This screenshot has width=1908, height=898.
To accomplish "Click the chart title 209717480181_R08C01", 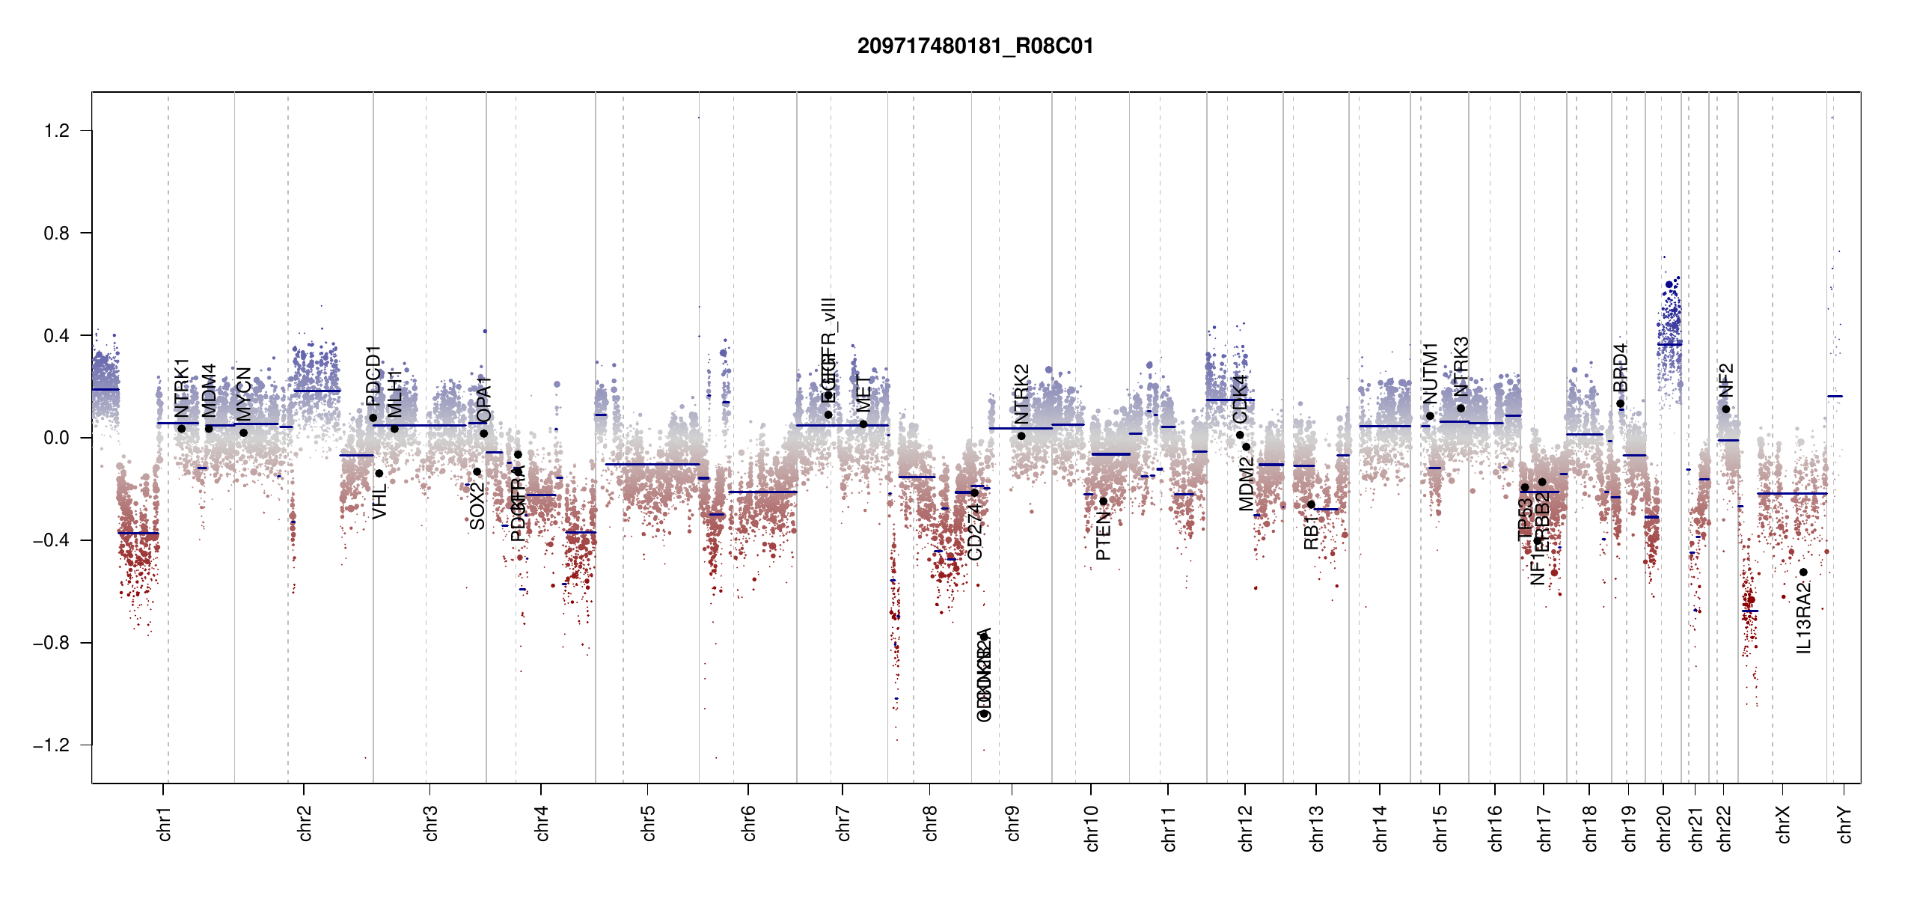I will point(975,46).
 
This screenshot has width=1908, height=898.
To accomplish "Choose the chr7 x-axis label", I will point(844,823).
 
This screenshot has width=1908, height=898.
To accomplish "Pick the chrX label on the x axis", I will point(1784,824).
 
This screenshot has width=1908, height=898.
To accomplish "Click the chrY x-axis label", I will point(1845,824).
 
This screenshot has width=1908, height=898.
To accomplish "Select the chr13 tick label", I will point(1317,828).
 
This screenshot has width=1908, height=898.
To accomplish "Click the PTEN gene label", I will point(1103,536).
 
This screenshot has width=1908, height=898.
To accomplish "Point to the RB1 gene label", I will point(1311,532).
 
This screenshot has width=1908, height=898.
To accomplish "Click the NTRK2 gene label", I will point(1022,394).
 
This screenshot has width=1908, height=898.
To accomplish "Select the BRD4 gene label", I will point(1621,367).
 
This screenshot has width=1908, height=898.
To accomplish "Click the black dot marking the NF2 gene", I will point(1725,409).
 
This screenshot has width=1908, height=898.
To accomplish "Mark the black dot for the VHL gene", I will point(379,474).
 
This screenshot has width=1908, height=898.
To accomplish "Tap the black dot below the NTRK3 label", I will point(1461,409).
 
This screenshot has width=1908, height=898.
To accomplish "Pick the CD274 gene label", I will point(975,531).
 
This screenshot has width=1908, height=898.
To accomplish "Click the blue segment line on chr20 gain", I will point(1669,344).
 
